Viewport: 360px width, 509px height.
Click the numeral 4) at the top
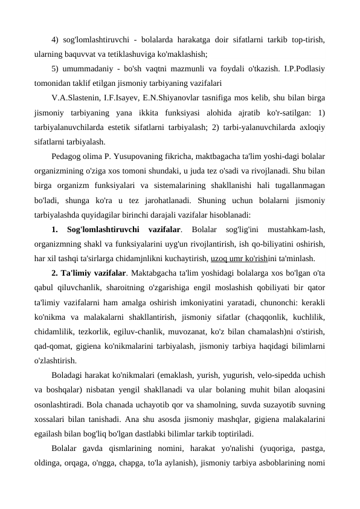coord(56,41)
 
